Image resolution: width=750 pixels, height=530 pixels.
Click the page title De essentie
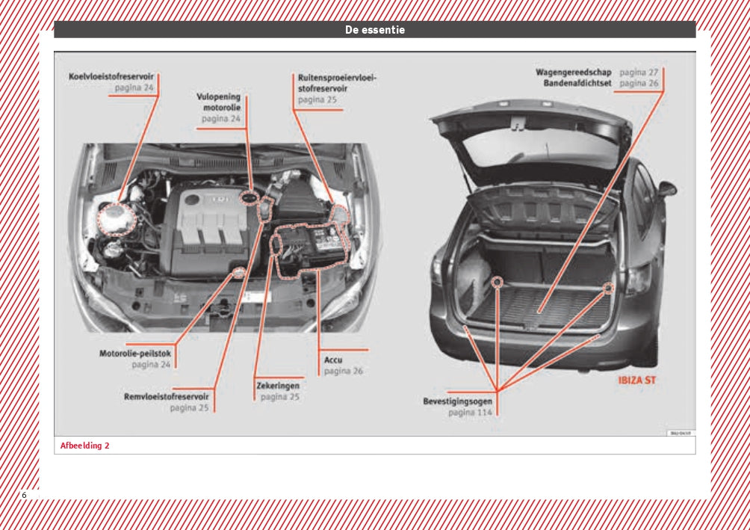point(374,30)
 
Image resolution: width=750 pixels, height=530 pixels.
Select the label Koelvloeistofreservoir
point(111,76)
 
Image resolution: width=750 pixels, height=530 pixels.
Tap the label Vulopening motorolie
point(219,102)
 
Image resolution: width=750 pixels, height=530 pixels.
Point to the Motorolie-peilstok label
point(135,354)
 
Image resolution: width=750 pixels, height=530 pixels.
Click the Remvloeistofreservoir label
point(166,396)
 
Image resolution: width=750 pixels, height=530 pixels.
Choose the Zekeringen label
point(278,386)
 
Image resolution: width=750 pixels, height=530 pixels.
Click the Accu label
point(333,360)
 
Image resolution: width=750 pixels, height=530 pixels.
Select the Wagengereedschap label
point(574,73)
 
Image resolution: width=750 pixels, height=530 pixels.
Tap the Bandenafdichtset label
point(577,84)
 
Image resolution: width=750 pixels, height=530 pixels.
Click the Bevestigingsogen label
point(457,401)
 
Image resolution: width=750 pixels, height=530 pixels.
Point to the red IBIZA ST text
point(636,380)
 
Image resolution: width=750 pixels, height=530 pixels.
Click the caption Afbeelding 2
point(84,446)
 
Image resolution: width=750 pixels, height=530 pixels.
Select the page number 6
point(24,496)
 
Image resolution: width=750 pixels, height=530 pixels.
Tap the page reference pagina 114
point(469,413)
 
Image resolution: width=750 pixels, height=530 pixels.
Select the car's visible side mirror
point(667,188)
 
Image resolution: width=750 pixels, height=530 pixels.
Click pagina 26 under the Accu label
point(343,371)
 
